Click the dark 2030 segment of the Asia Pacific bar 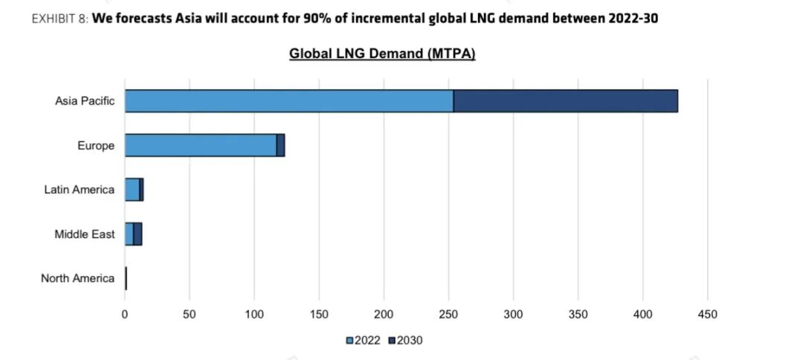[x=565, y=101]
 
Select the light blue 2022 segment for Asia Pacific [x=289, y=101]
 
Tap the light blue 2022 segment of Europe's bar [x=200, y=145]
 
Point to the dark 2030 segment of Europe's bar [x=280, y=145]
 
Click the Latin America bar [x=134, y=190]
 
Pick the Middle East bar [x=133, y=234]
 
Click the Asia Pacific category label [x=85, y=101]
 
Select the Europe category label [x=96, y=146]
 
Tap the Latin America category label [x=80, y=190]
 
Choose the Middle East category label [x=85, y=234]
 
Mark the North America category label [x=78, y=279]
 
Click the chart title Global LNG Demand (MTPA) [x=382, y=54]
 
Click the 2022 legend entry [x=364, y=340]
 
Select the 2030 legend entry [x=405, y=340]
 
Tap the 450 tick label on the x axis [x=707, y=315]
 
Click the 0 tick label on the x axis [x=125, y=315]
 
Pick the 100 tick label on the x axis [x=254, y=315]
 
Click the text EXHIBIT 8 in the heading [x=59, y=18]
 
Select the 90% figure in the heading [x=309, y=18]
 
